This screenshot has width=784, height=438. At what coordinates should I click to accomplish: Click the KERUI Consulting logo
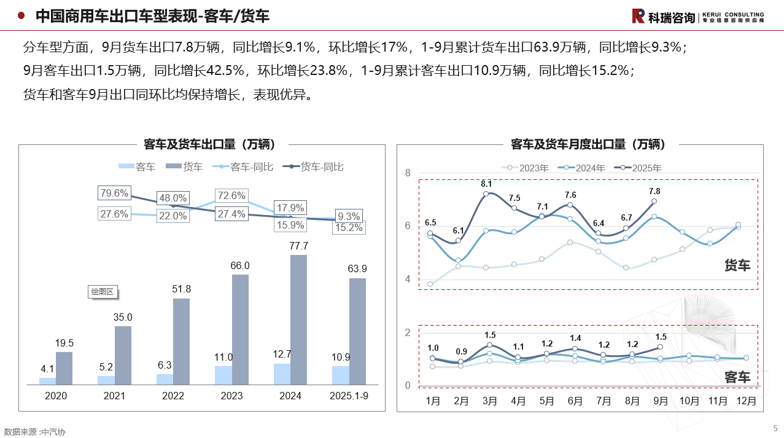[697, 17]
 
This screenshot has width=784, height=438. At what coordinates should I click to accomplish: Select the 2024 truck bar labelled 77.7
[298, 319]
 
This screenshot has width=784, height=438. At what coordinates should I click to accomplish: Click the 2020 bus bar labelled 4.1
[47, 381]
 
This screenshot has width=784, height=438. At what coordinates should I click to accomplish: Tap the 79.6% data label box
[114, 193]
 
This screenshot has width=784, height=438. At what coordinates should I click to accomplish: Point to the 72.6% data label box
[231, 196]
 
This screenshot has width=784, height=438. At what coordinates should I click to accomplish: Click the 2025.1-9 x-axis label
[349, 396]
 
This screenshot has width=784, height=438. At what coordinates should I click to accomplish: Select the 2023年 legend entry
[527, 167]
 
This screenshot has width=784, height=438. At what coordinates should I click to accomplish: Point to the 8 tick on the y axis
[408, 173]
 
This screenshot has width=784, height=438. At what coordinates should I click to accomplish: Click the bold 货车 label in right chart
[737, 265]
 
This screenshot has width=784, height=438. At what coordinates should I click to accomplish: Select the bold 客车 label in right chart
[737, 377]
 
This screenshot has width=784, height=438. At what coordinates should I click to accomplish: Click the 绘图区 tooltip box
[103, 292]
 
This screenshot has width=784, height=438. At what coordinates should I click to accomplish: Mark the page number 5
[775, 428]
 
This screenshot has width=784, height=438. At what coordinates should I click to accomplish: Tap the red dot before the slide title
[21, 16]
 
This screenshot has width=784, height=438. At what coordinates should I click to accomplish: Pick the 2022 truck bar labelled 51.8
[181, 342]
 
